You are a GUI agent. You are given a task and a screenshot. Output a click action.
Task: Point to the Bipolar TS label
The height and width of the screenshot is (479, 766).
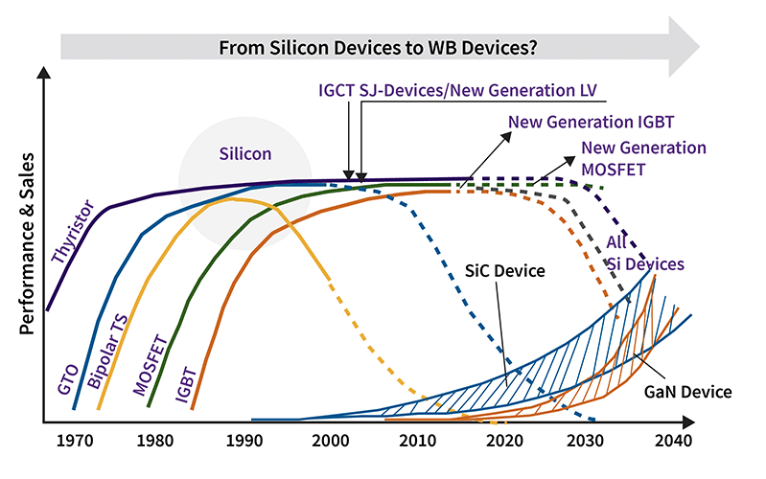107,354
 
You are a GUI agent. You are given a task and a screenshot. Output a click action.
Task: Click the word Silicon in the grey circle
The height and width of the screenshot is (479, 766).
245,153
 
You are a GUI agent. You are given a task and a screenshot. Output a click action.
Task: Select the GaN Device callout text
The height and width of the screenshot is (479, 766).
687,391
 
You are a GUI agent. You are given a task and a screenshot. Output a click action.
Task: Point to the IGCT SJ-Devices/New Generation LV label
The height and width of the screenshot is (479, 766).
457,90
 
